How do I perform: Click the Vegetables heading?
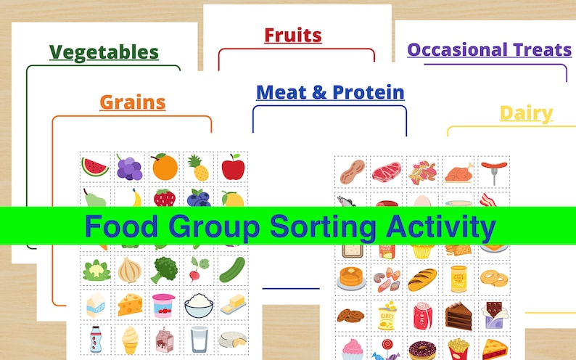pyautogui.click(x=104, y=52)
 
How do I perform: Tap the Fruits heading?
pyautogui.click(x=292, y=34)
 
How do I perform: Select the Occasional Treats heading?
pyautogui.click(x=489, y=49)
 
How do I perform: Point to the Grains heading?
pyautogui.click(x=132, y=102)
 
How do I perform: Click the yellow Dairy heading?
pyautogui.click(x=526, y=112)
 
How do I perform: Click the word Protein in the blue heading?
pyautogui.click(x=368, y=92)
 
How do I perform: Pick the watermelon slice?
pyautogui.click(x=95, y=168)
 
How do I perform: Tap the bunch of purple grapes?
pyautogui.click(x=129, y=168)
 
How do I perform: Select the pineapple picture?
pyautogui.click(x=199, y=168)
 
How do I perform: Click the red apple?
pyautogui.click(x=233, y=168)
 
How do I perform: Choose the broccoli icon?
pyautogui.click(x=164, y=269)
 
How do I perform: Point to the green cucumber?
pyautogui.click(x=233, y=269)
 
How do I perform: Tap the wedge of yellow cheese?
pyautogui.click(x=130, y=304)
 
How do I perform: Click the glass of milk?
pyautogui.click(x=199, y=337)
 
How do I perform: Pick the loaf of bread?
pyautogui.click(x=423, y=279)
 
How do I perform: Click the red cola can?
pyautogui.click(x=421, y=315)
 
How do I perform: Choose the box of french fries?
pyautogui.click(x=458, y=349)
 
